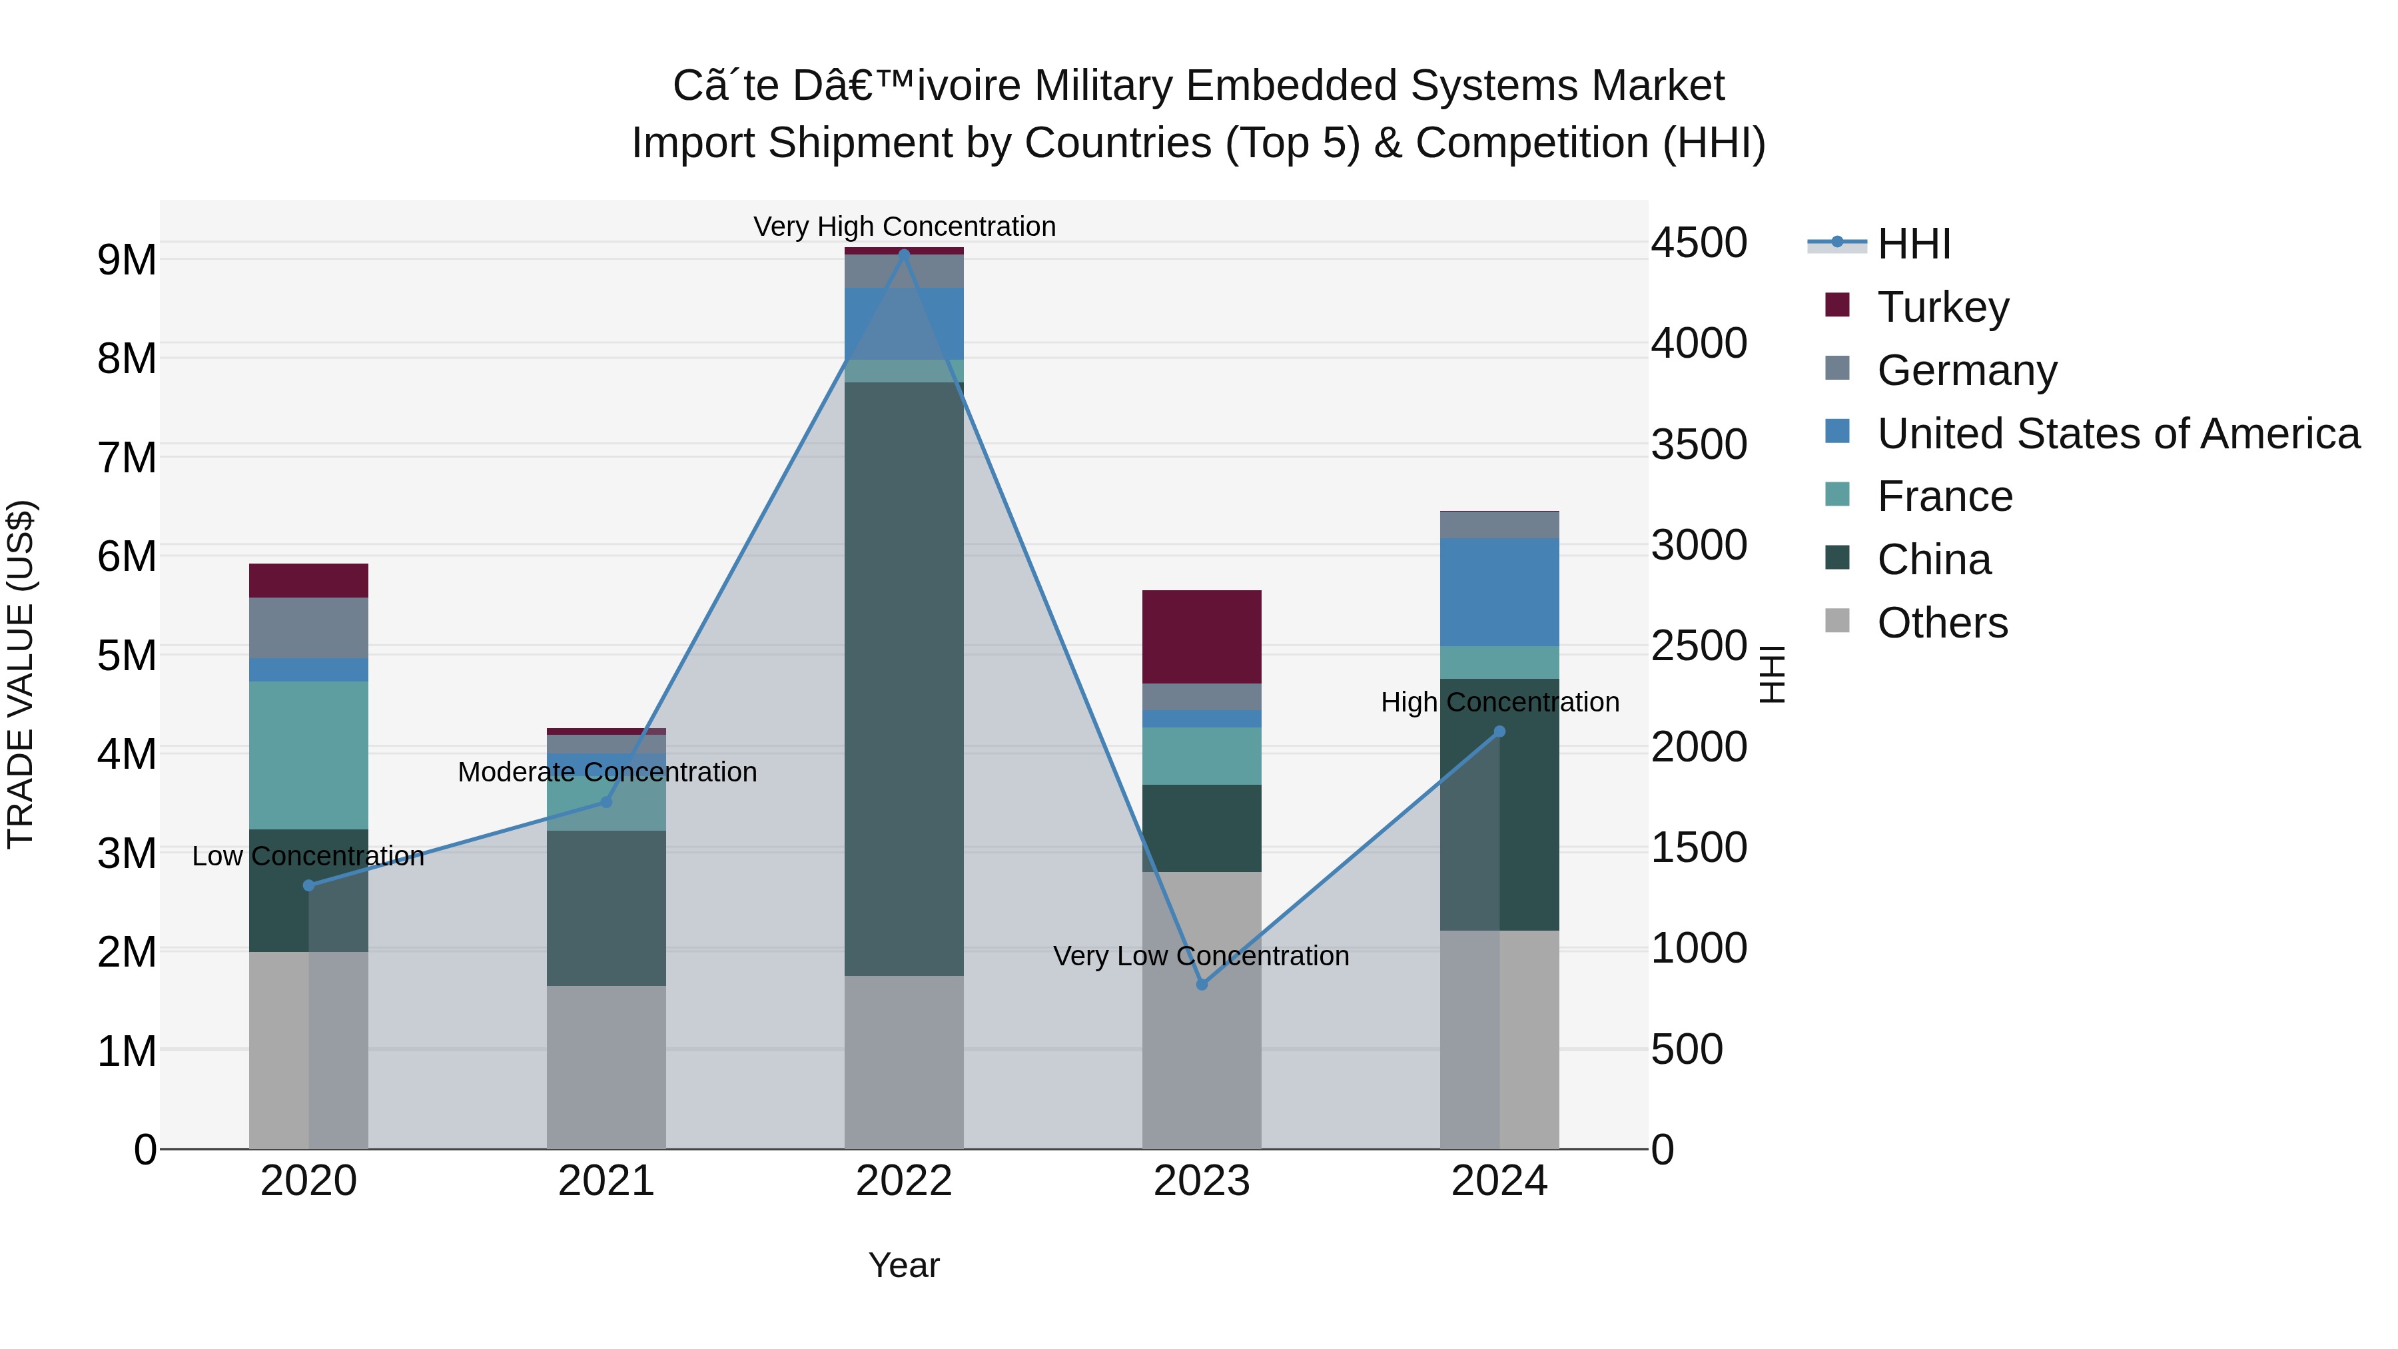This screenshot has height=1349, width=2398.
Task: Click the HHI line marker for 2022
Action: click(x=904, y=253)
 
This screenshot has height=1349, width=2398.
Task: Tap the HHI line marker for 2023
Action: click(x=1201, y=984)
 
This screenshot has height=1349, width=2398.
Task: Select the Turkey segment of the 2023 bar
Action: click(x=1201, y=637)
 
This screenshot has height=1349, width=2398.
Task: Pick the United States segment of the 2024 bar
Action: click(x=1499, y=592)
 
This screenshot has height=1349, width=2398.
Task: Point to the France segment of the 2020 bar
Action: click(x=308, y=754)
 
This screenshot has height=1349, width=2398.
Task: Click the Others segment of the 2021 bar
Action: click(x=606, y=1067)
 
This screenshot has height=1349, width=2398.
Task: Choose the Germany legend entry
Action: click(x=1966, y=370)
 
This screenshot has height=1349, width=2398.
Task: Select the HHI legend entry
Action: click(x=1913, y=244)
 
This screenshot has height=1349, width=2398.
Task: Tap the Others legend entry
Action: click(x=1942, y=622)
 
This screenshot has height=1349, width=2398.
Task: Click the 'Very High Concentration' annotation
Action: click(x=904, y=226)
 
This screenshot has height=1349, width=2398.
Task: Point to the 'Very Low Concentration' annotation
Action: click(x=1201, y=956)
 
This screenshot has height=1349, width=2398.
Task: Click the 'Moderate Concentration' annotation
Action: click(x=607, y=772)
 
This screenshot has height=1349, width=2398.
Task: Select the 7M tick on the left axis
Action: click(x=127, y=457)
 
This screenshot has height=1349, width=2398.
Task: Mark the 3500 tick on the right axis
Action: click(x=1699, y=444)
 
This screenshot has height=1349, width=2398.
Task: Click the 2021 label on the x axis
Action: click(x=606, y=1180)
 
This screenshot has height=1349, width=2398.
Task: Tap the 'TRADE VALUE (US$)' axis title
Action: click(x=21, y=674)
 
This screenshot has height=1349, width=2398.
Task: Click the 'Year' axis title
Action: click(x=904, y=1265)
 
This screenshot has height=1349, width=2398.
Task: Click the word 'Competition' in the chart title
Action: click(x=1532, y=143)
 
